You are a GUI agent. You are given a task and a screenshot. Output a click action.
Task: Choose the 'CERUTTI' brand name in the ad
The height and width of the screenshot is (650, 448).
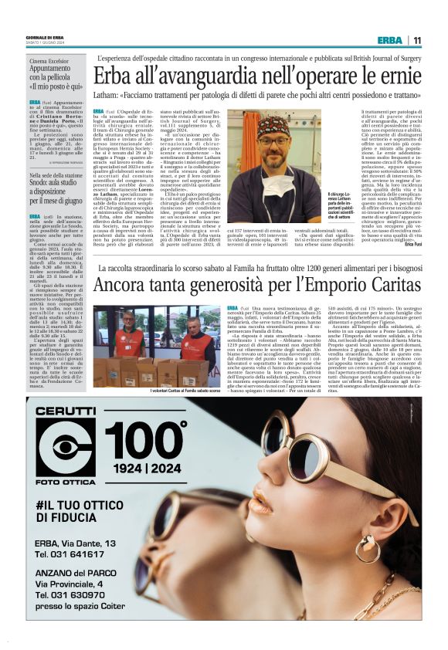65,410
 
